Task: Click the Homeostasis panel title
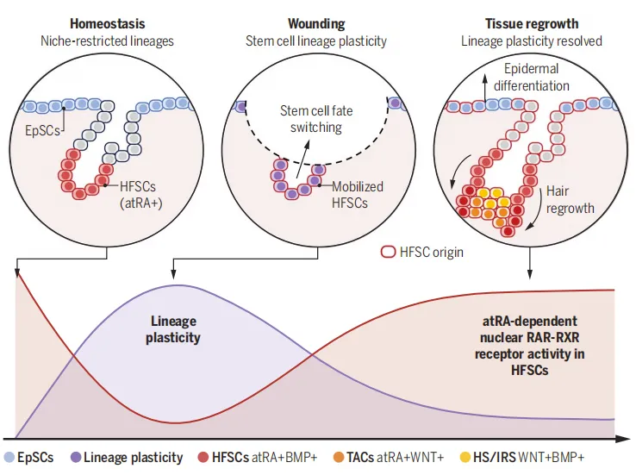107,23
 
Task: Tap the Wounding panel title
316,23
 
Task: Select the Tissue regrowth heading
532,23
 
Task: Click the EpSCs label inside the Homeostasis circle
42,131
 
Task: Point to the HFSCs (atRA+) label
140,194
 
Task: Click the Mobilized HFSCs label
358,194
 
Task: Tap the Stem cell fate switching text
316,119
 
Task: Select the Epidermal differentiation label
532,77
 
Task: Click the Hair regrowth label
570,200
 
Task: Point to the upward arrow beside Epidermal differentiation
484,88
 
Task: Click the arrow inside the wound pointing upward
303,159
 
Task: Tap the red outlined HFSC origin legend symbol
388,252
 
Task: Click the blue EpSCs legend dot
9,458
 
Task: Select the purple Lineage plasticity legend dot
76,458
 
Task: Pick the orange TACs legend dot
339,458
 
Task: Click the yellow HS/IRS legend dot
465,458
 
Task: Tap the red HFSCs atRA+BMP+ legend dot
203,458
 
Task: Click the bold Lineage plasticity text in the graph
173,329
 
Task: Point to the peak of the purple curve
177,285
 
